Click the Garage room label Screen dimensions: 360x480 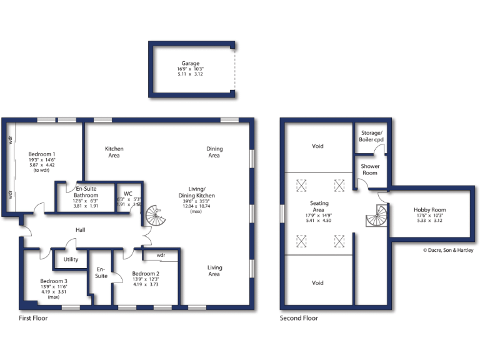(x=191, y=63)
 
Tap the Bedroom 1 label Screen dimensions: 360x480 (x=42, y=154)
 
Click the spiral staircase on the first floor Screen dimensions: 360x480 (x=154, y=216)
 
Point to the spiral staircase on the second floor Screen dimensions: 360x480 (x=376, y=217)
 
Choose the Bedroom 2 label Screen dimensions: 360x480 (x=146, y=273)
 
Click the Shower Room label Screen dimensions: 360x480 (x=370, y=169)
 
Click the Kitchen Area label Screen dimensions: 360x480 (x=114, y=152)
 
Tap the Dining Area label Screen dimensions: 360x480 (x=214, y=152)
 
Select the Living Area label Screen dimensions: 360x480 (x=214, y=271)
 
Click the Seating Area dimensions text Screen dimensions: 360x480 (x=318, y=217)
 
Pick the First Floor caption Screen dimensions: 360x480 (x=33, y=318)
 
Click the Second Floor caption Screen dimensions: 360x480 (x=299, y=318)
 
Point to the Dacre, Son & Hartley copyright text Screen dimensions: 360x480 (x=448, y=251)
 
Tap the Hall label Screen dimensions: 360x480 (x=79, y=230)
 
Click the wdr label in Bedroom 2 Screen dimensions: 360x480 (x=161, y=255)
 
